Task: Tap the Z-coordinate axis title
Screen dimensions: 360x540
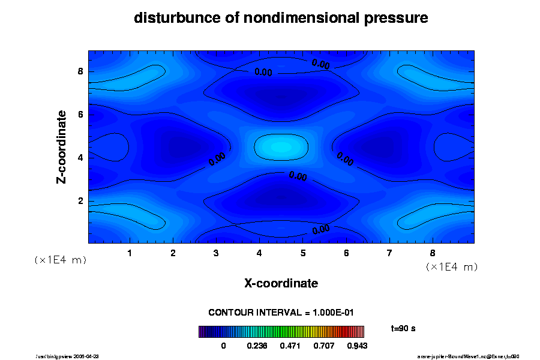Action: tap(62, 146)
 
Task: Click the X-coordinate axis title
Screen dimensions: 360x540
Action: tap(281, 283)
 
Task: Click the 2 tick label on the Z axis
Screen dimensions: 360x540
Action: tap(80, 200)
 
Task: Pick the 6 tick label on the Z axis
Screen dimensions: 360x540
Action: tap(80, 115)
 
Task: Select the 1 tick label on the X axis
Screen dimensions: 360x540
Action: tap(130, 253)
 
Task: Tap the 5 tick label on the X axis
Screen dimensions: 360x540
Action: tap(303, 253)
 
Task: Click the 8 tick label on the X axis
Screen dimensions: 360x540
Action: tap(433, 253)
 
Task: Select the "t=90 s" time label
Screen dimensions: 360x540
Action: tap(403, 329)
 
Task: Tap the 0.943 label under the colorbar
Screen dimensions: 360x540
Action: tap(358, 346)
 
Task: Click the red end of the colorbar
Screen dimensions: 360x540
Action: tap(361, 332)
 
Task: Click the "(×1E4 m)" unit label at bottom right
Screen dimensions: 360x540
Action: tap(451, 266)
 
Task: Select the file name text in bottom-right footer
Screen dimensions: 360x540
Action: tap(468, 356)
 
